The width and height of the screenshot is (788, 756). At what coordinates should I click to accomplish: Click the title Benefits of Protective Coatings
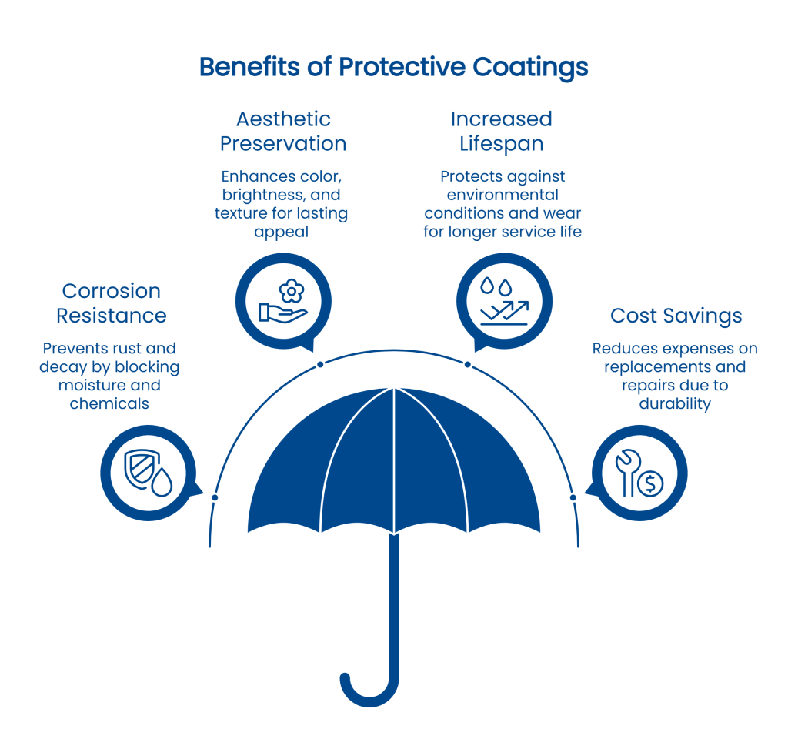(x=393, y=67)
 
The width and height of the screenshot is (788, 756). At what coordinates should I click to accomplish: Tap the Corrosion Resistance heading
(x=111, y=303)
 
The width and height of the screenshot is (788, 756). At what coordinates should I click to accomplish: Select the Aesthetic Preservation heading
(x=283, y=131)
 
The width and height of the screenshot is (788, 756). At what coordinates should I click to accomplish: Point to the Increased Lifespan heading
(x=501, y=131)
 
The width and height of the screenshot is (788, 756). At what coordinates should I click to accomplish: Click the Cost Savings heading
(x=676, y=316)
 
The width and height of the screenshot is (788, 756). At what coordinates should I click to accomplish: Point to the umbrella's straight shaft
(x=394, y=600)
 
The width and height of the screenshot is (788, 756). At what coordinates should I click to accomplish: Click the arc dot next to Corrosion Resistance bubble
(x=215, y=497)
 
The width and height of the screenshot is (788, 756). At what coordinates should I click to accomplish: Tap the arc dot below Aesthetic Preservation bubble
(x=320, y=364)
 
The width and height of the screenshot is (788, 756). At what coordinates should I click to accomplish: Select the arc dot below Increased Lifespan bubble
(x=467, y=364)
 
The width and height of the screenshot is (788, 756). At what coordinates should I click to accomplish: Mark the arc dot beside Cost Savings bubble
(x=573, y=497)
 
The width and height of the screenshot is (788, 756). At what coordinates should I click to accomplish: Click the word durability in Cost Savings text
(x=675, y=403)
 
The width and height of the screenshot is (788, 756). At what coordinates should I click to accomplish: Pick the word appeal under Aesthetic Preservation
(x=281, y=231)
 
